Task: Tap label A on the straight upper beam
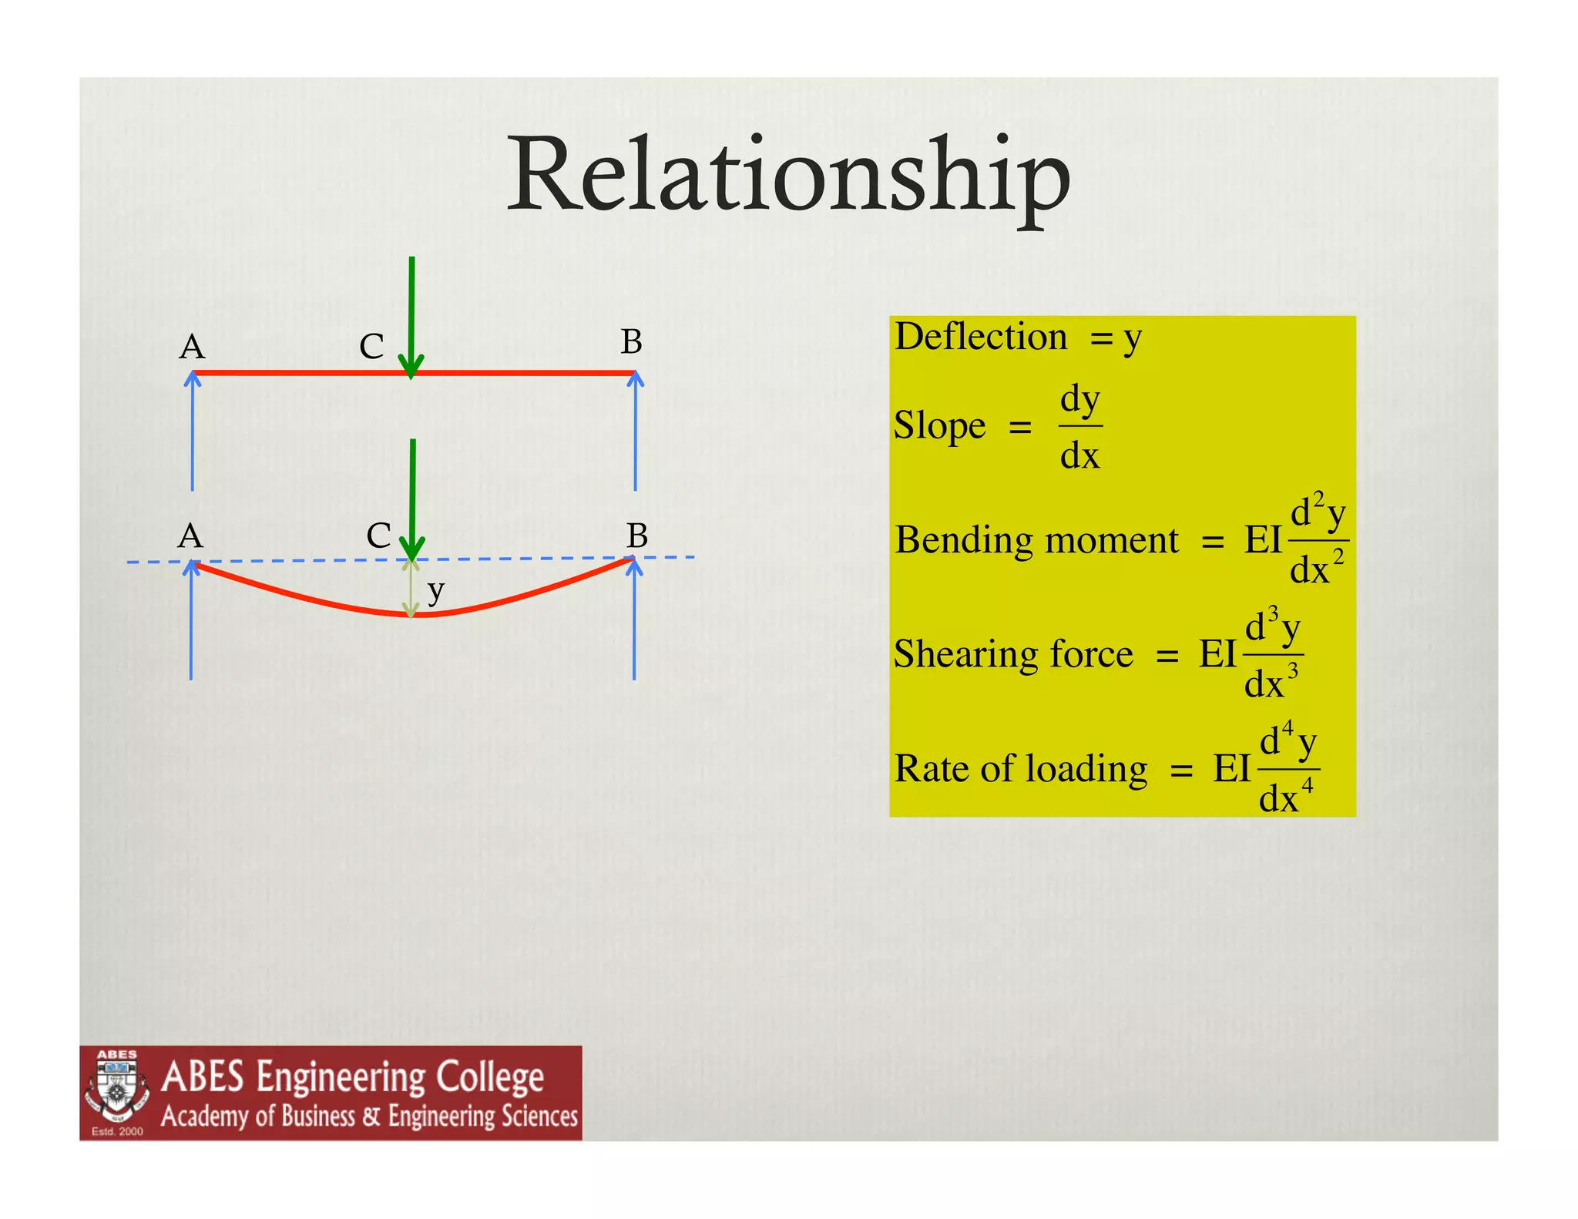click(192, 348)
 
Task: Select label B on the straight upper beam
click(631, 342)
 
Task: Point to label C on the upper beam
click(371, 347)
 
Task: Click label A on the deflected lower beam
click(190, 536)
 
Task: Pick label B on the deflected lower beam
click(636, 536)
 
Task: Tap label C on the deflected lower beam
click(378, 536)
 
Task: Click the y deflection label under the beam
click(436, 592)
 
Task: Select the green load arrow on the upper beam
click(411, 316)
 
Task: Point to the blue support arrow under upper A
click(193, 432)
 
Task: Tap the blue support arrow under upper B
click(635, 432)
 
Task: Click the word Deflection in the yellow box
click(980, 337)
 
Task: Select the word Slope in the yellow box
click(939, 425)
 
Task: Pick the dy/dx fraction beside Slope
click(1079, 427)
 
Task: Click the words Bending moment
click(1036, 540)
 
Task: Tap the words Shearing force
click(1013, 654)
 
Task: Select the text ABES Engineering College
click(352, 1076)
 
